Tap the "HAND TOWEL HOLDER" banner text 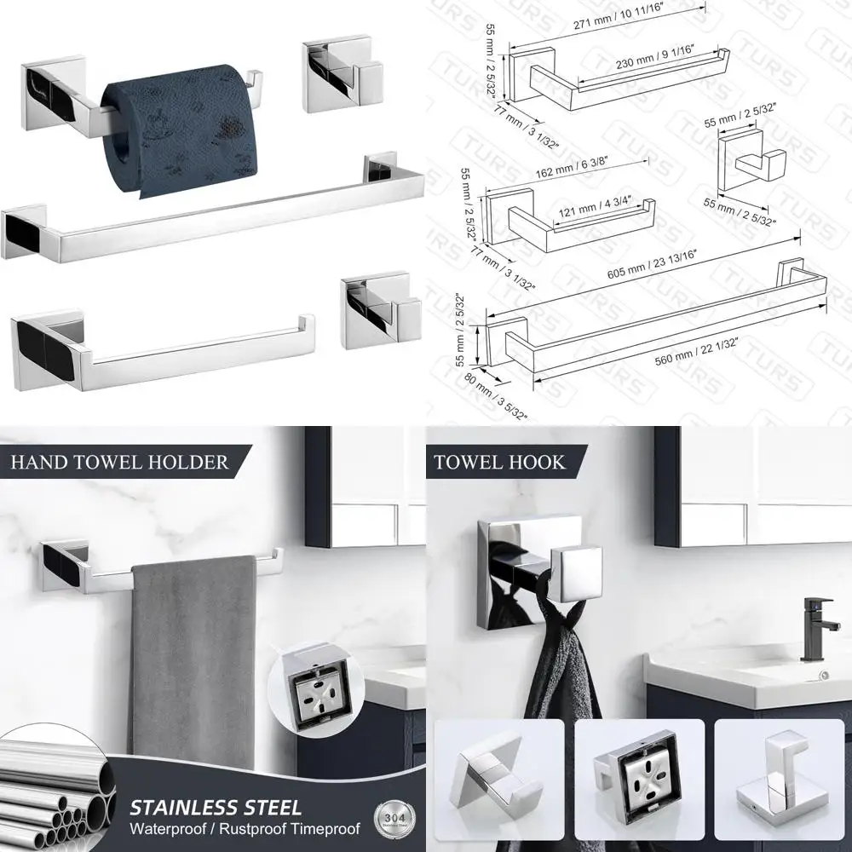coord(119,463)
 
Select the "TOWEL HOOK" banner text coord(499,463)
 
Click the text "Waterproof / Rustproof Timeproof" coord(245,828)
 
